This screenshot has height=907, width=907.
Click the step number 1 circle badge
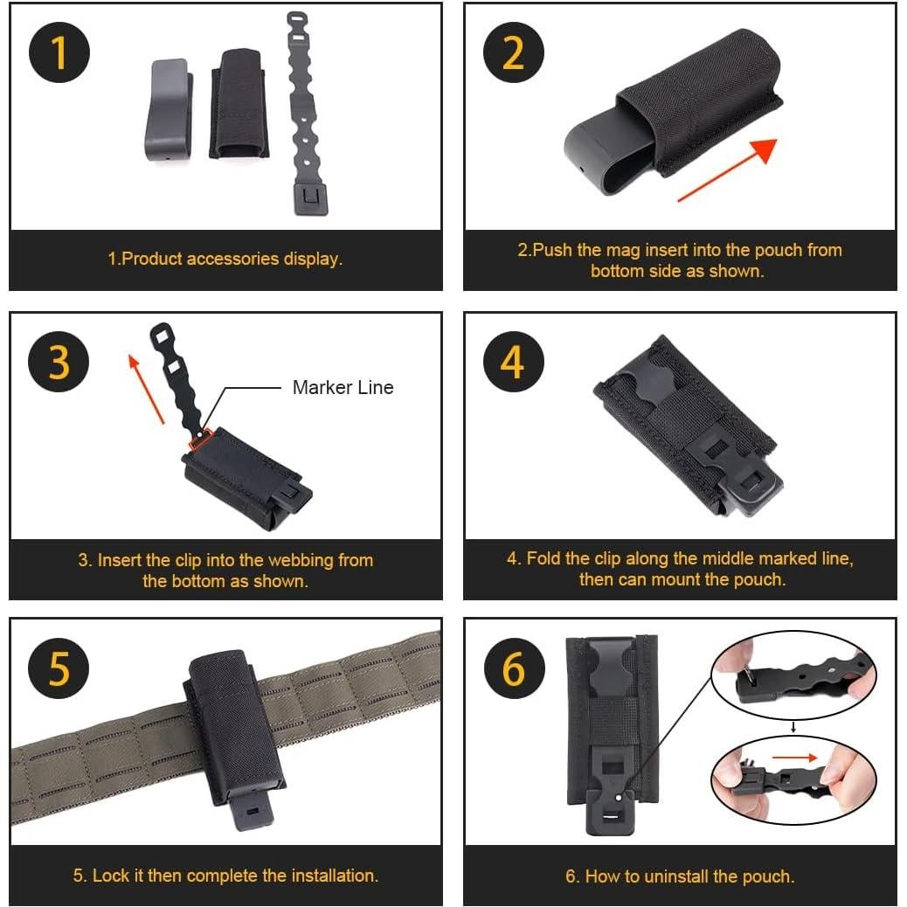pos(59,52)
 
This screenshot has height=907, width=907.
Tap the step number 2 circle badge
pos(514,52)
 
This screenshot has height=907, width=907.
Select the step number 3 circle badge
pos(59,361)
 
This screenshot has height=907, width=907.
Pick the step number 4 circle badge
pos(514,361)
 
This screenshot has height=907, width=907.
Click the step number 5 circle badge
pos(59,668)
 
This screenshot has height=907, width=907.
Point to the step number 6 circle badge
pos(514,668)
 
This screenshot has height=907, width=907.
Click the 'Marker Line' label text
pos(343,387)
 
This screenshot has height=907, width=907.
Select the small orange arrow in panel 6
pos(792,757)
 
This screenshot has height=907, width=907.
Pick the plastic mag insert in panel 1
pos(169,110)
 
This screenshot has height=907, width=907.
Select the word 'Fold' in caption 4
pos(544,558)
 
